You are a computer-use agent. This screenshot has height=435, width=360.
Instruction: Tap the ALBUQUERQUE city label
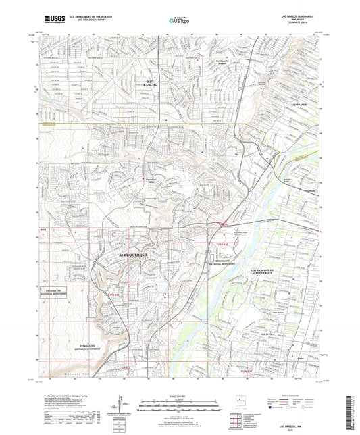click(134, 255)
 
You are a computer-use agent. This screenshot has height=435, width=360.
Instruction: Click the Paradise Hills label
click(151, 179)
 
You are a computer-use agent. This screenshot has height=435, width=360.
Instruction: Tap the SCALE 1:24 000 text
click(179, 396)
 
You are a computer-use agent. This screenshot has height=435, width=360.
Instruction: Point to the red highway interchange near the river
click(222, 224)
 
